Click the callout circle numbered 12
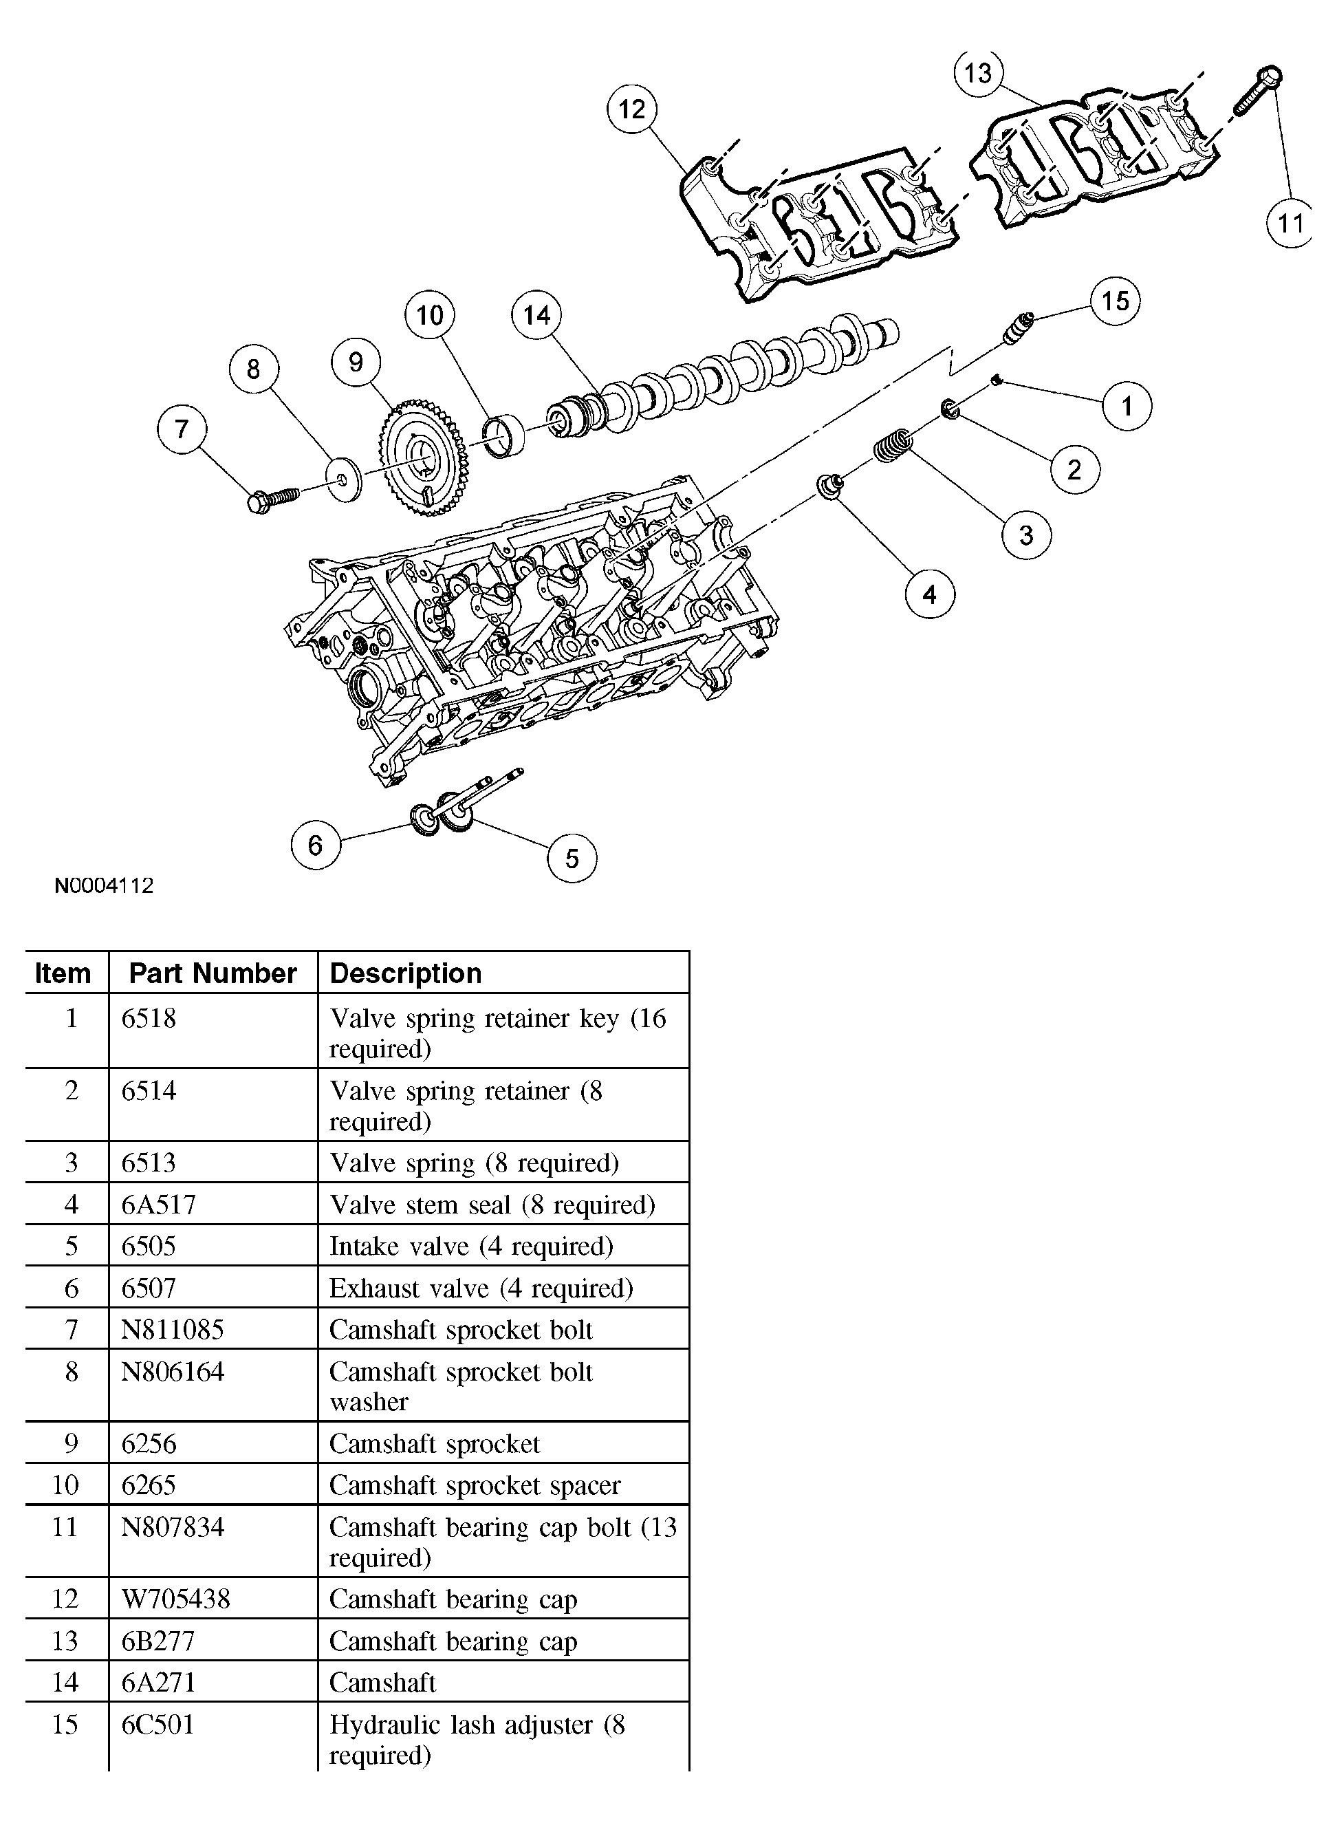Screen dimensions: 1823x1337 pos(632,109)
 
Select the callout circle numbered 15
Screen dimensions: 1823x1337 pos(1116,301)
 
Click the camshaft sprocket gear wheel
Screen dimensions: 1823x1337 pos(422,457)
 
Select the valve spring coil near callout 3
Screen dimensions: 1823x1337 pos(893,446)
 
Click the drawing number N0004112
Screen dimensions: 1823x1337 pos(104,885)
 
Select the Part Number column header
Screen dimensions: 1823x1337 pos(213,973)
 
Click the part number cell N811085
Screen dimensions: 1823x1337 pos(173,1330)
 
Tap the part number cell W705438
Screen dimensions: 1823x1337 pos(175,1599)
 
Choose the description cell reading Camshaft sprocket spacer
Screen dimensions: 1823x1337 pos(475,1485)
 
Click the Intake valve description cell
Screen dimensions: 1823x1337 pos(471,1246)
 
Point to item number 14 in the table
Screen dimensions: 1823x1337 pos(65,1682)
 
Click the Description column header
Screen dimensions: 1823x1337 pos(406,973)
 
